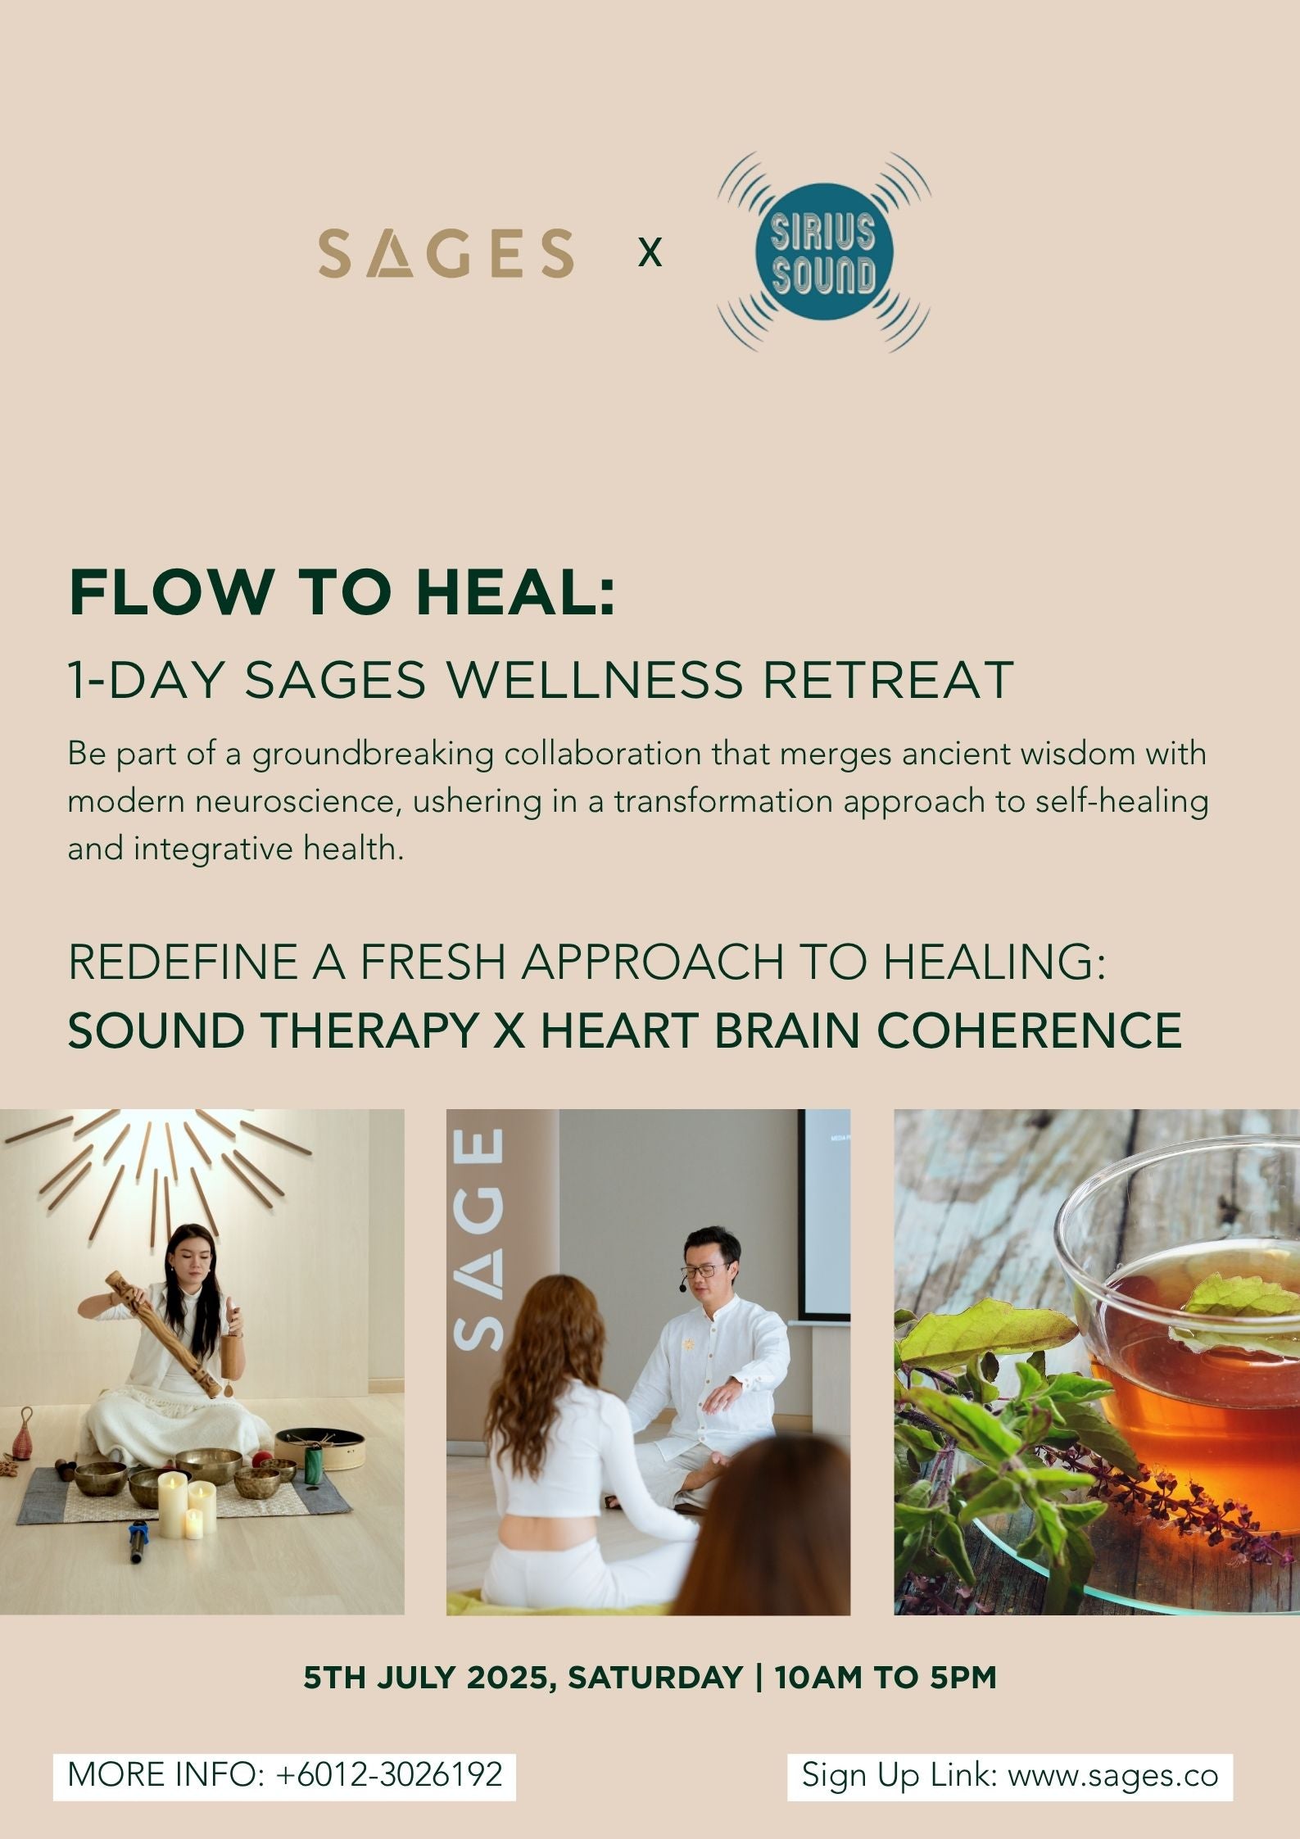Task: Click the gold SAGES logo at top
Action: click(446, 252)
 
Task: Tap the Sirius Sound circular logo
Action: click(824, 252)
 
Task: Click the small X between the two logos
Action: click(650, 253)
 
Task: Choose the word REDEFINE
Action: click(183, 962)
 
